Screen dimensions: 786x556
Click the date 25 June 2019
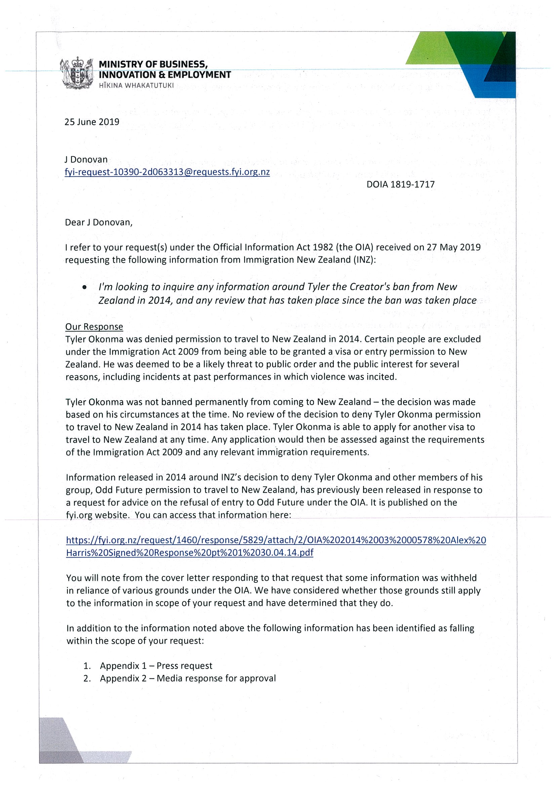pyautogui.click(x=92, y=122)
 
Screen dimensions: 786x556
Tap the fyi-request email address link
pyautogui.click(x=167, y=172)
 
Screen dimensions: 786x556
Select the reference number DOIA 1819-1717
pyautogui.click(x=400, y=184)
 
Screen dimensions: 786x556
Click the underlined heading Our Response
pyautogui.click(x=94, y=326)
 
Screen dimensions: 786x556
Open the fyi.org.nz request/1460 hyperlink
pyautogui.click(x=276, y=547)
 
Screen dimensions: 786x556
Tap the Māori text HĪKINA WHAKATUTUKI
pyautogui.click(x=136, y=86)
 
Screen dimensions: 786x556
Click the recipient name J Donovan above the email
pyautogui.click(x=86, y=160)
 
